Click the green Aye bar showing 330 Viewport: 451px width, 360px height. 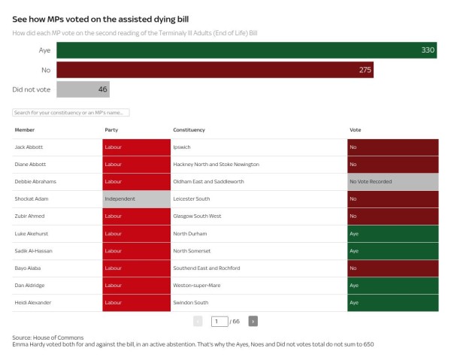(x=247, y=50)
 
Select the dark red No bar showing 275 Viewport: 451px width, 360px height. (x=214, y=70)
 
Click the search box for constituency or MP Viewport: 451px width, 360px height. (x=71, y=113)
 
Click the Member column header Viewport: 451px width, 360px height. (x=25, y=130)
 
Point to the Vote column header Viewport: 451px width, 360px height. (x=356, y=130)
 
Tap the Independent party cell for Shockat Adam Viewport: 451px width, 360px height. (x=137, y=199)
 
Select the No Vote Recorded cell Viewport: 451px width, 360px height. (x=392, y=182)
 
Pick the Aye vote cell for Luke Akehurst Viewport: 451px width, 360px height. (x=392, y=234)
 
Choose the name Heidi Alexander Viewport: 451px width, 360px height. (x=32, y=302)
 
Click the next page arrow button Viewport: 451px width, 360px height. (x=253, y=321)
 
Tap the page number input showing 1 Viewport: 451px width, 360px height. (x=219, y=321)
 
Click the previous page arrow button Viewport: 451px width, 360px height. (x=198, y=321)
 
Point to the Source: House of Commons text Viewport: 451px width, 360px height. (x=48, y=337)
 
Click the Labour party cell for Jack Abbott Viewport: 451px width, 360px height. (x=137, y=147)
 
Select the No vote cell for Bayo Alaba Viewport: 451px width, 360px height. (x=392, y=268)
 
